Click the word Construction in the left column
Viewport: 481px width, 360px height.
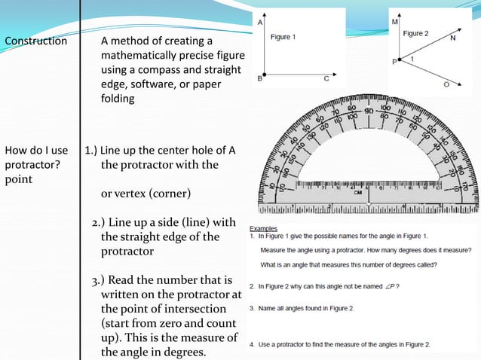[x=36, y=41]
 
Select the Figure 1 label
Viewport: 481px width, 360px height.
[x=283, y=37]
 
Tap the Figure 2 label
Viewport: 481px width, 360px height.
[x=415, y=34]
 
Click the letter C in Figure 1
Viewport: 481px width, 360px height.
[x=326, y=78]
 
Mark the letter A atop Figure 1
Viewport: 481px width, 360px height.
[x=261, y=23]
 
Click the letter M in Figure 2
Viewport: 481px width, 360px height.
[x=395, y=23]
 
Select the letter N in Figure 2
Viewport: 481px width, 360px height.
[x=452, y=36]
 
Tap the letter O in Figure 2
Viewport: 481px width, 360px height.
[x=446, y=84]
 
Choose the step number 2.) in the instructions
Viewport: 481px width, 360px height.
[x=98, y=222]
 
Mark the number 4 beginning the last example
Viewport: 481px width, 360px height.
[x=252, y=344]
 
